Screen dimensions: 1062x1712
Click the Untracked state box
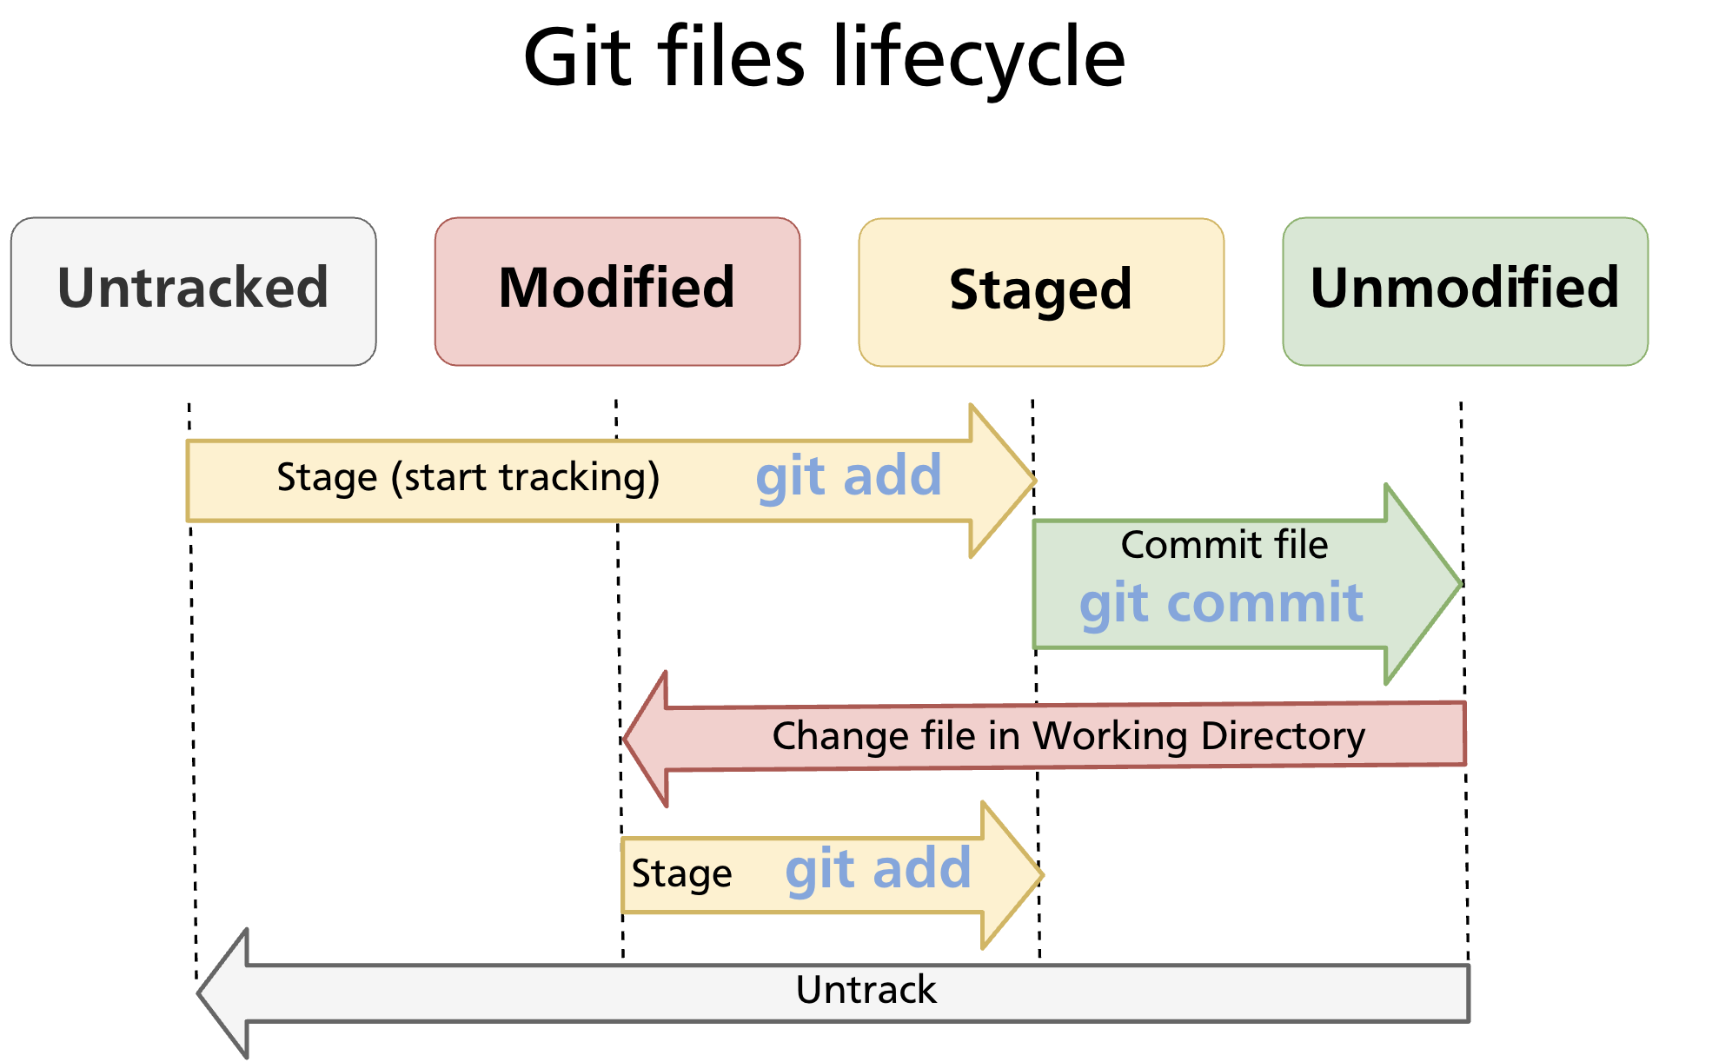click(x=193, y=291)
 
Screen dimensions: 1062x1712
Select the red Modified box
click(x=617, y=291)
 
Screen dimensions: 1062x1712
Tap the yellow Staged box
click(x=1041, y=292)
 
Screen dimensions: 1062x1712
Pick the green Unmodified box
click(x=1465, y=291)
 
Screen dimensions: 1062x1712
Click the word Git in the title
click(x=577, y=57)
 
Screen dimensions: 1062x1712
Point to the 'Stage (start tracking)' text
click(x=468, y=478)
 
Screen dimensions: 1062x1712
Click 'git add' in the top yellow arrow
click(x=848, y=476)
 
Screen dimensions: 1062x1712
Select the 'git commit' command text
click(x=1221, y=603)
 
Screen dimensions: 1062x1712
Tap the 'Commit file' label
click(x=1224, y=545)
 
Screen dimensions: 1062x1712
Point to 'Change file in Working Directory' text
click(x=1068, y=736)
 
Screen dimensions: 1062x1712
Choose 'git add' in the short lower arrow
click(x=878, y=868)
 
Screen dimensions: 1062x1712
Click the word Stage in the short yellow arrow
click(x=681, y=873)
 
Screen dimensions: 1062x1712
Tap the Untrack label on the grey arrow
click(x=866, y=990)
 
